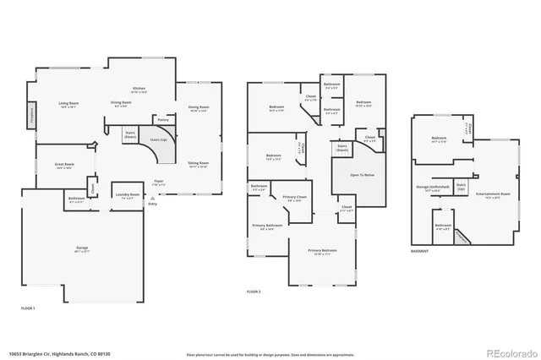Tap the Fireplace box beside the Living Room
coord(32,112)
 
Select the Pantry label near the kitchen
coord(162,120)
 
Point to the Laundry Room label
coord(127,195)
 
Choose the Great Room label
coord(64,166)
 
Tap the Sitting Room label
coord(198,164)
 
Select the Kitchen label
coord(139,89)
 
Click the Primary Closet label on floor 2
coord(294,198)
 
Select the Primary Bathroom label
coord(266,226)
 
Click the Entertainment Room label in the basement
coord(493,194)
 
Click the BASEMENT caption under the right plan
coord(419,252)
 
